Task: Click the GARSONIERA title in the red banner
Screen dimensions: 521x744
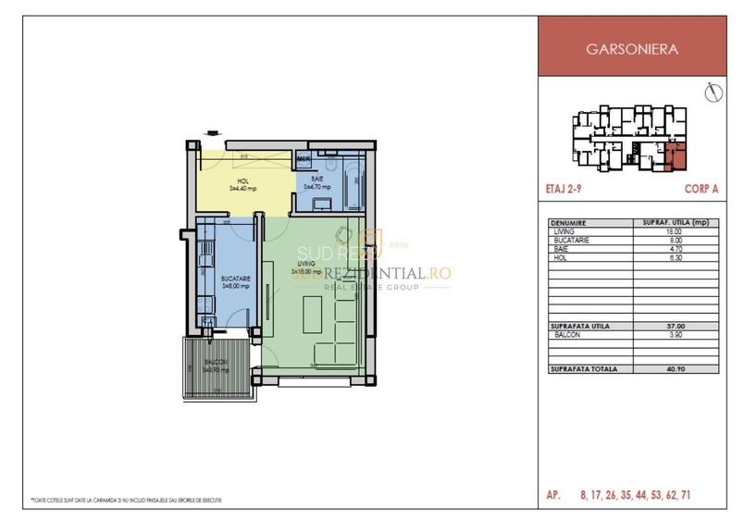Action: point(639,50)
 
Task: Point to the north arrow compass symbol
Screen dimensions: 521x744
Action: point(712,93)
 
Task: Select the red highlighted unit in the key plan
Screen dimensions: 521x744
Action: point(677,156)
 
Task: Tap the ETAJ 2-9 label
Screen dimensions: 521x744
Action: point(564,188)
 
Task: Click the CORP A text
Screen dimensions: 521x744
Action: point(701,188)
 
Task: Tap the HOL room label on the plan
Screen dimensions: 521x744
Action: point(242,181)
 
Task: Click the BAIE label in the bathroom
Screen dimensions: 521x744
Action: point(316,179)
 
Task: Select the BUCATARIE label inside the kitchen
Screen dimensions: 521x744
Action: point(232,278)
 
